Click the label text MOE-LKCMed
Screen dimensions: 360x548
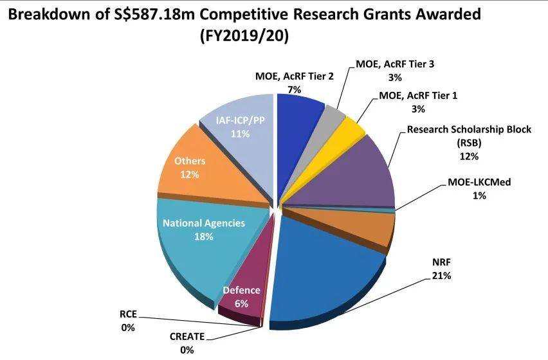pyautogui.click(x=479, y=183)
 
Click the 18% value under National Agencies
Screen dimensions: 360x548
pyautogui.click(x=204, y=237)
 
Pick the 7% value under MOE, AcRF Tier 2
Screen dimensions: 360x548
pyautogui.click(x=295, y=89)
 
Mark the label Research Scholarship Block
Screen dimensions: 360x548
pyautogui.click(x=469, y=129)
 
